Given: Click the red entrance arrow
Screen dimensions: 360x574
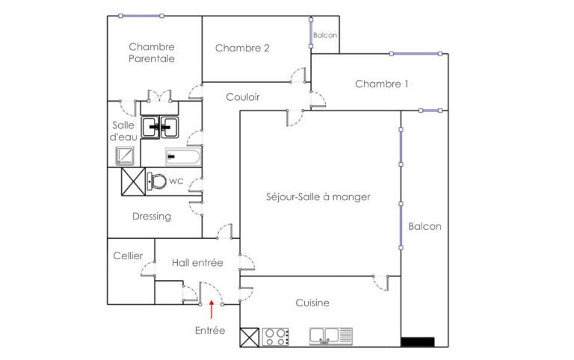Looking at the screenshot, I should click(212, 304).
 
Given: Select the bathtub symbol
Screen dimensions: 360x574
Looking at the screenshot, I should click(182, 157).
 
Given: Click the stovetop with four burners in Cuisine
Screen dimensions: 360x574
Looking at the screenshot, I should click(275, 337).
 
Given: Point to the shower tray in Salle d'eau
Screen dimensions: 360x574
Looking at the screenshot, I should click(125, 155).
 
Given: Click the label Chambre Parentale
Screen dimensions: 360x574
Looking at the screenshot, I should click(152, 52).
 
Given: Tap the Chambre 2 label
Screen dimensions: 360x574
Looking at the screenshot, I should click(242, 49).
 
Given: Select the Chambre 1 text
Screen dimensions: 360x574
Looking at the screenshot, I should click(381, 84).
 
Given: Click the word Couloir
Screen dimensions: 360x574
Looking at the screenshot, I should click(243, 97).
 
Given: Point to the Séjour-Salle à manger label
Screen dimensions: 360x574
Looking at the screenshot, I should click(318, 197).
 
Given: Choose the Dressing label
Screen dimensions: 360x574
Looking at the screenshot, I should click(152, 217).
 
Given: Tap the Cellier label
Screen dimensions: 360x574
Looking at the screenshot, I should click(128, 255).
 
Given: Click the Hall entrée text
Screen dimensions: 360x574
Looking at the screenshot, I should click(197, 262).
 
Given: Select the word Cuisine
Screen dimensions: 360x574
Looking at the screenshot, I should click(312, 303).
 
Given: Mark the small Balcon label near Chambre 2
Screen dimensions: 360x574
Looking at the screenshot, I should click(325, 35).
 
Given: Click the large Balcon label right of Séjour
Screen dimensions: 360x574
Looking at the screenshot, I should click(425, 226).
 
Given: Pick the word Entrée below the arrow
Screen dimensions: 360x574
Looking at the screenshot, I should click(210, 329).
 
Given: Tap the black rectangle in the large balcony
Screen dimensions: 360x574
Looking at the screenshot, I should click(418, 342).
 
